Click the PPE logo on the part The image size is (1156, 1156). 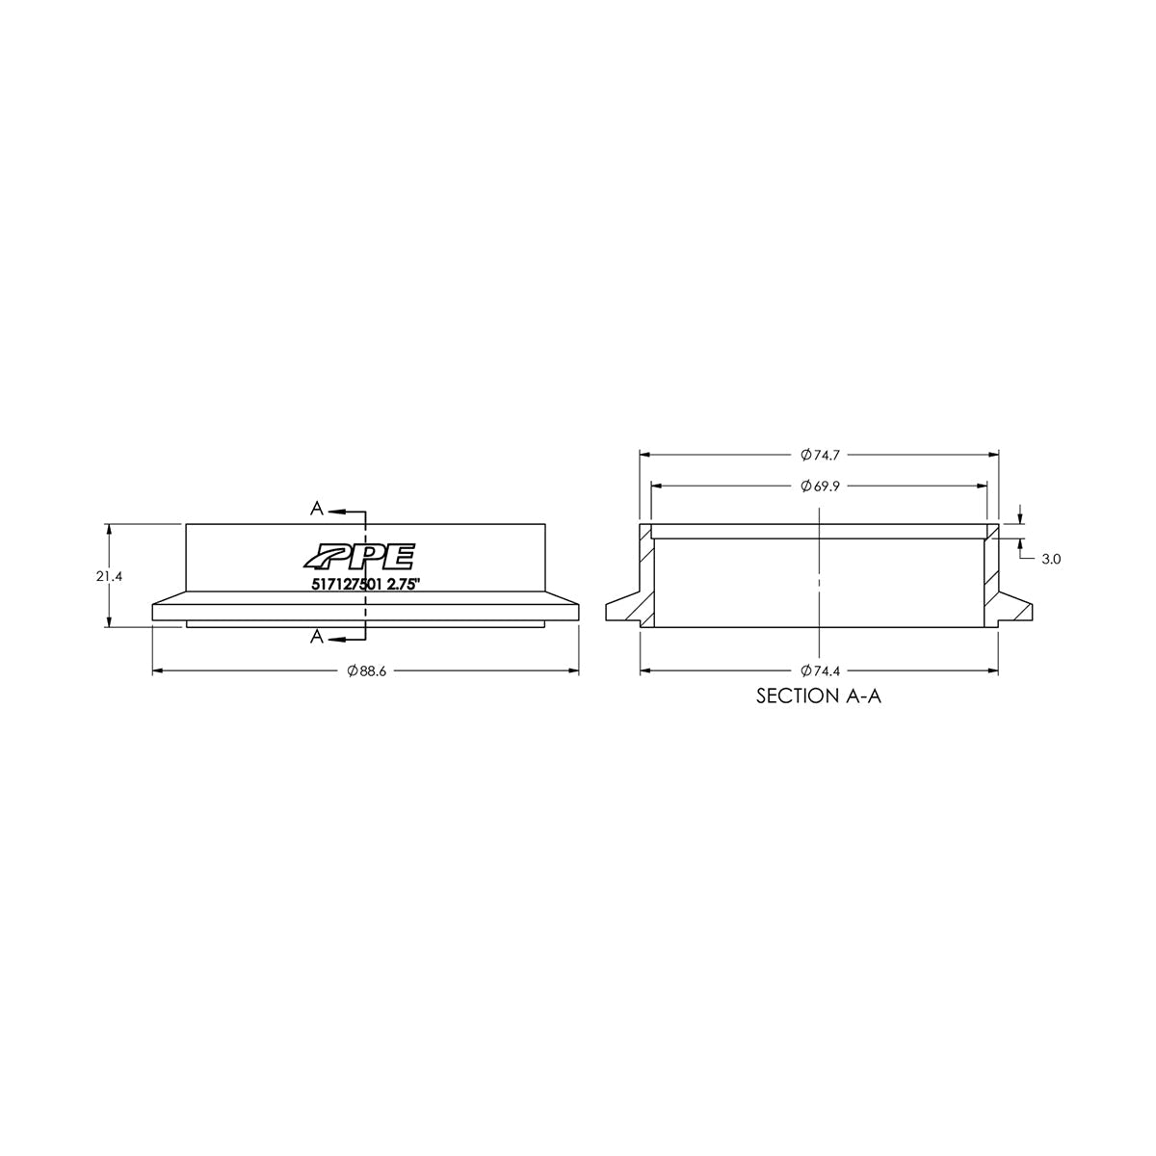click(358, 557)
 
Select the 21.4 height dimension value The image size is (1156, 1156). click(108, 576)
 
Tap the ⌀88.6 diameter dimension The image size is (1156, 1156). click(366, 671)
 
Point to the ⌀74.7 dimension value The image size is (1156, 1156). click(818, 454)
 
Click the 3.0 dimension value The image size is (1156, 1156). click(1050, 558)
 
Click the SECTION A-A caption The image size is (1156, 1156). click(818, 696)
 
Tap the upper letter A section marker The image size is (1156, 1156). click(316, 508)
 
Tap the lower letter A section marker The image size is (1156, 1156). click(316, 637)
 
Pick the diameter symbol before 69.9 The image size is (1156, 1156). click(805, 486)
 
